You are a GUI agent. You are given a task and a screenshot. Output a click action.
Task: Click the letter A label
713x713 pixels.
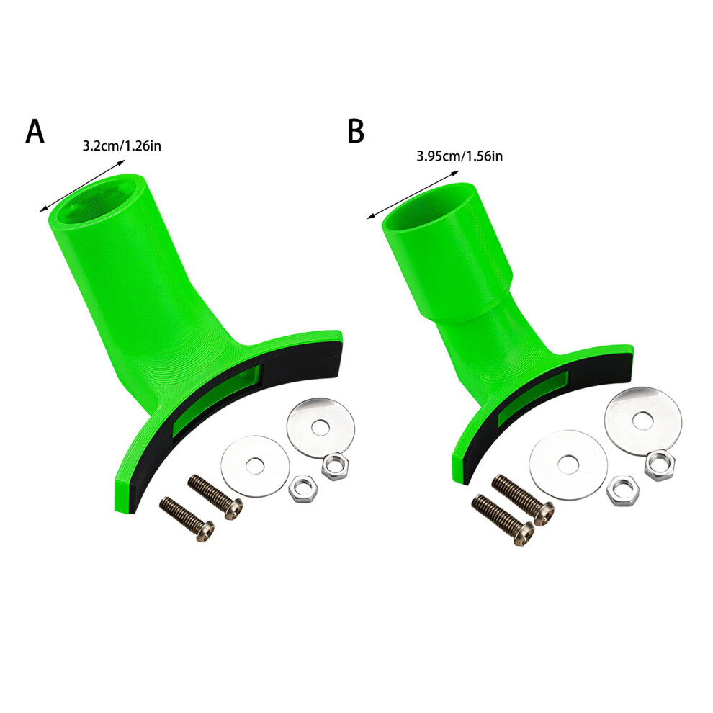(x=35, y=131)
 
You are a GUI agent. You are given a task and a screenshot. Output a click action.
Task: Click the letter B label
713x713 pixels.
(x=356, y=131)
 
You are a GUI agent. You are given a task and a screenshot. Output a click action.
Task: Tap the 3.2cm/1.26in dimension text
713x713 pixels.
(x=122, y=146)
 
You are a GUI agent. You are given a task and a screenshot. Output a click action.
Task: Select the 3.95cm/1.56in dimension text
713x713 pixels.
(x=459, y=156)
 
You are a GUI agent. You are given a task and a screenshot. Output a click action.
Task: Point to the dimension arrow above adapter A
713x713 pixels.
(x=82, y=186)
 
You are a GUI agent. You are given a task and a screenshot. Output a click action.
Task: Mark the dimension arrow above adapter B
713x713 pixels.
(x=413, y=194)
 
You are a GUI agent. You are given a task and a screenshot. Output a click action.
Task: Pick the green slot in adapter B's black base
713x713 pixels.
(x=533, y=398)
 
